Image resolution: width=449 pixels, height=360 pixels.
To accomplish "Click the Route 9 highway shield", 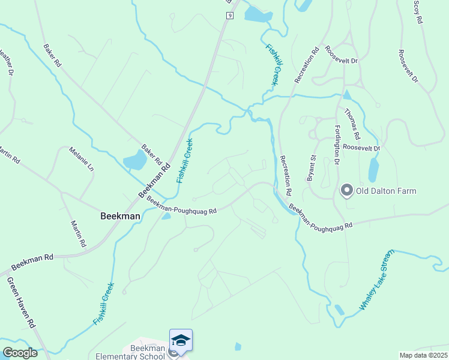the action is [229, 16].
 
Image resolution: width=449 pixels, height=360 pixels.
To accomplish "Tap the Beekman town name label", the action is [120, 216].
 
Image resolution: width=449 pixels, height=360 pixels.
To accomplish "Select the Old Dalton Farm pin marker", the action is [346, 191].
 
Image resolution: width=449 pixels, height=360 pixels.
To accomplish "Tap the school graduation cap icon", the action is [181, 340].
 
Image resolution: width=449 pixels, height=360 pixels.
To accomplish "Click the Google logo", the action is [20, 353].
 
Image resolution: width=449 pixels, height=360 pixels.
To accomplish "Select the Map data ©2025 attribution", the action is [423, 355].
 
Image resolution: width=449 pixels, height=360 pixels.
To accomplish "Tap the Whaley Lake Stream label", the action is [376, 280].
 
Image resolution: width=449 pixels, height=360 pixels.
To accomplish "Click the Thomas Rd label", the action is [352, 120].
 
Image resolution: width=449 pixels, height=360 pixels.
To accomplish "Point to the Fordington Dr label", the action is [337, 145].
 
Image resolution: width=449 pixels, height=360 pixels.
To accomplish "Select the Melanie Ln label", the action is [82, 160].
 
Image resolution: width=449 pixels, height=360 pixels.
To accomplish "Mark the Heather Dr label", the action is [7, 62].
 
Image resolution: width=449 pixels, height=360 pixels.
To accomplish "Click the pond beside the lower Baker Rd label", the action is [134, 160].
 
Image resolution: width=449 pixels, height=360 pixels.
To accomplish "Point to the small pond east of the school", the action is [238, 346].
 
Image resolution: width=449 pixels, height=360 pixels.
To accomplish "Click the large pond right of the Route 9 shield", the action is [258, 14].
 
